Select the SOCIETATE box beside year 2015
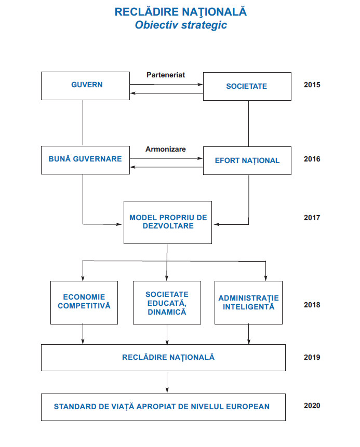coord(247,86)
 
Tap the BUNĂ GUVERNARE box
coord(85,159)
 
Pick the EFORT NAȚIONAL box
coord(247,160)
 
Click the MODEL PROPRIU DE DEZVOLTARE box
coord(168,222)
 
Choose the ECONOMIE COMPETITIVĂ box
coord(84,302)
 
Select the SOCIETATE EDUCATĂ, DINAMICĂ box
coord(167,303)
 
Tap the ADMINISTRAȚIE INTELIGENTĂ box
coord(248,302)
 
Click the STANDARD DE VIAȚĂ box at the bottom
coord(163,407)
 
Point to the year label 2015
coord(312,85)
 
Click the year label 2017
coord(312,218)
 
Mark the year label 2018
coord(312,305)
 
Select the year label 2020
coord(312,406)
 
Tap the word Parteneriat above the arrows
coord(166,75)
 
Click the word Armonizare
coord(166,149)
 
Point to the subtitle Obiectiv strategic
coord(181,25)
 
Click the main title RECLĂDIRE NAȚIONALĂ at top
coord(181,11)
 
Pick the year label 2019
coord(312,357)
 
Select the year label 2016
coord(312,159)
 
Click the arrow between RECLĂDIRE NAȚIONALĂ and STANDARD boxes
coord(167,382)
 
